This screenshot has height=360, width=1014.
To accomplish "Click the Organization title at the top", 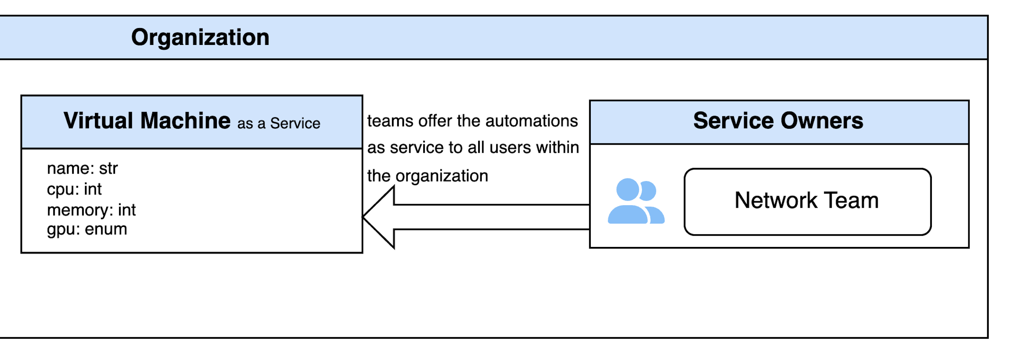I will pyautogui.click(x=200, y=38).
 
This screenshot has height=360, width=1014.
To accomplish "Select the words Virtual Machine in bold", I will pyautogui.click(x=147, y=121).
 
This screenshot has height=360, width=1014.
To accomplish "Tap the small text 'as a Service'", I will pyautogui.click(x=279, y=123).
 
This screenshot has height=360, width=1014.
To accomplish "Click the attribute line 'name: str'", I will pyautogui.click(x=82, y=168).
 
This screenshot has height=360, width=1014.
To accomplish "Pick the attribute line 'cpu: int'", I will pyautogui.click(x=74, y=189).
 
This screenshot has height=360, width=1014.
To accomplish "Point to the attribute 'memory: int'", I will pyautogui.click(x=91, y=210).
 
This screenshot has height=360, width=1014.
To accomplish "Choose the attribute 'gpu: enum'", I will pyautogui.click(x=87, y=229).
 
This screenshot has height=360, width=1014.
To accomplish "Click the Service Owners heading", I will pyautogui.click(x=778, y=121).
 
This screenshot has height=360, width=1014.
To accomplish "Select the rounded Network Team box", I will pyautogui.click(x=807, y=202).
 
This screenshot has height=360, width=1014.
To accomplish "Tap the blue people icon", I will pyautogui.click(x=636, y=201).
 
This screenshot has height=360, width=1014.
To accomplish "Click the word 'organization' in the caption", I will pyautogui.click(x=442, y=176).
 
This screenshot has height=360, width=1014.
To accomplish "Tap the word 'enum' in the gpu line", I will pyautogui.click(x=106, y=229).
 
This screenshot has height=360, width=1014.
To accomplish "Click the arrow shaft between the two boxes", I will pyautogui.click(x=491, y=217).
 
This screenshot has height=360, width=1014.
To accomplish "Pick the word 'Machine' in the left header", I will pyautogui.click(x=185, y=121).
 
